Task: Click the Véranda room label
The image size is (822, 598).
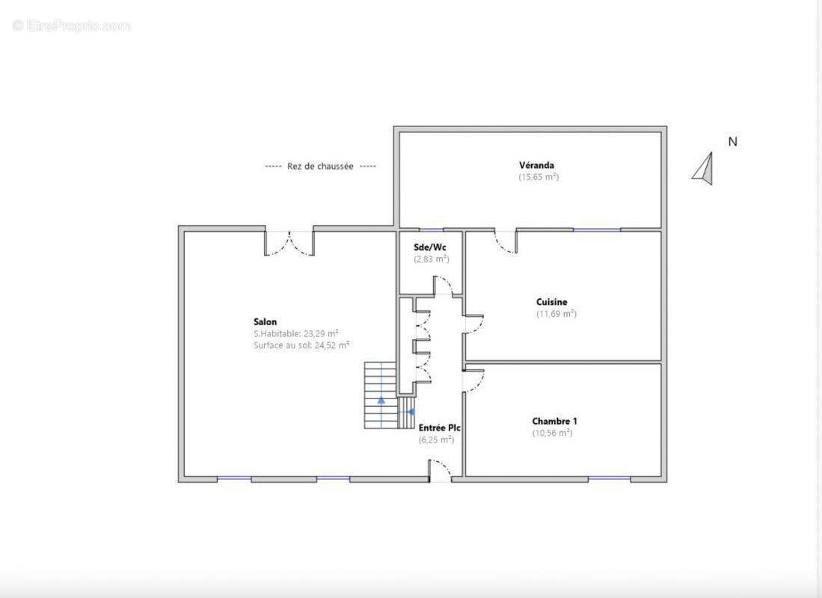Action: [536, 165]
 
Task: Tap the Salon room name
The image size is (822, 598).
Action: [265, 322]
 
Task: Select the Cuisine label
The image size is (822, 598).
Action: [551, 302]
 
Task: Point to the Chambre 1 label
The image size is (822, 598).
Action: [554, 421]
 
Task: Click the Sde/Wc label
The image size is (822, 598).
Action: [430, 247]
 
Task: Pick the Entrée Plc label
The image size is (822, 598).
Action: [439, 428]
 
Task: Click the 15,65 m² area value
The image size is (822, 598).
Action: [539, 177]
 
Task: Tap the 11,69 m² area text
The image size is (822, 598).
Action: [556, 314]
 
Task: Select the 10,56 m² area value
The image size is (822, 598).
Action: [552, 433]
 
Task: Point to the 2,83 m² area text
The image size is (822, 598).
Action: [431, 259]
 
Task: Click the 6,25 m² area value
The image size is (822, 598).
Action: [436, 440]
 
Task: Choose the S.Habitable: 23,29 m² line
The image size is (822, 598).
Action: [296, 333]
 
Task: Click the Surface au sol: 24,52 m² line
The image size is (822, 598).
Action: [301, 345]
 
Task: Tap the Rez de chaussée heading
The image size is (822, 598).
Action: [320, 167]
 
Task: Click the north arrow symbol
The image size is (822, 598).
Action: [703, 168]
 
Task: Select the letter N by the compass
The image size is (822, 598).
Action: [732, 141]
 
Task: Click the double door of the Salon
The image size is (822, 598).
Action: [289, 242]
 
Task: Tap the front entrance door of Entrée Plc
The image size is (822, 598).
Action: [440, 471]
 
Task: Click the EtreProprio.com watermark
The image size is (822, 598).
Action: [72, 26]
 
